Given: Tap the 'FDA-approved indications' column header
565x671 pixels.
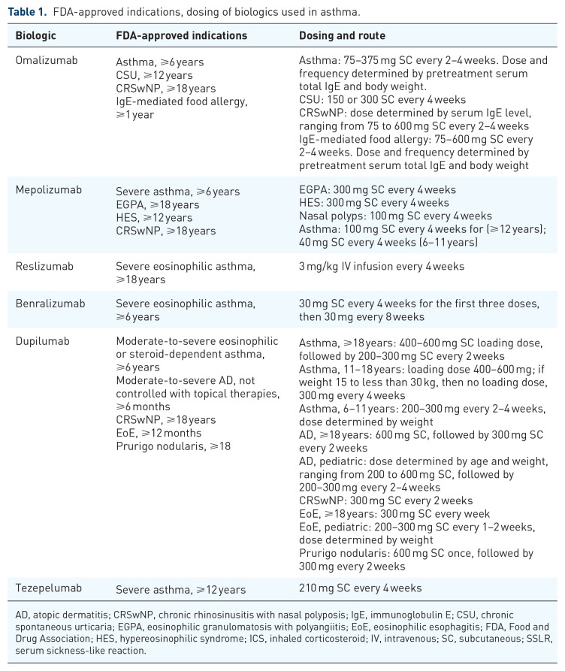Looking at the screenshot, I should [181, 35].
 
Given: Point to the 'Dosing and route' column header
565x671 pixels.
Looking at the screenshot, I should [342, 35].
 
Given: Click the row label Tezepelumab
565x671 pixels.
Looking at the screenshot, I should [49, 588].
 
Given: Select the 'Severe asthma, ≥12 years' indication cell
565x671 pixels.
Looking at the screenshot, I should [180, 590].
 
